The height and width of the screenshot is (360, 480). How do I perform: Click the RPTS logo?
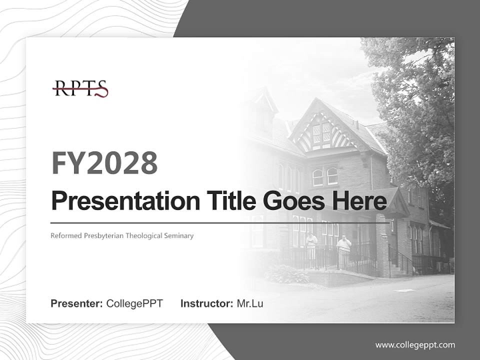[80, 88]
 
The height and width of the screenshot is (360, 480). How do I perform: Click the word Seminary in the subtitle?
[178, 235]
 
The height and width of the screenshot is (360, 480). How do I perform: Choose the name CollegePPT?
[134, 303]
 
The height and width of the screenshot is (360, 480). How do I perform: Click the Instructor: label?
[207, 303]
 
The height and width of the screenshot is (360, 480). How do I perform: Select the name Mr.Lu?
[250, 303]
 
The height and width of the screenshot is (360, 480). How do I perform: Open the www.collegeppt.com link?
[415, 344]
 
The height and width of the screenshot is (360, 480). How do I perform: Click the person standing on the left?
[311, 244]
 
